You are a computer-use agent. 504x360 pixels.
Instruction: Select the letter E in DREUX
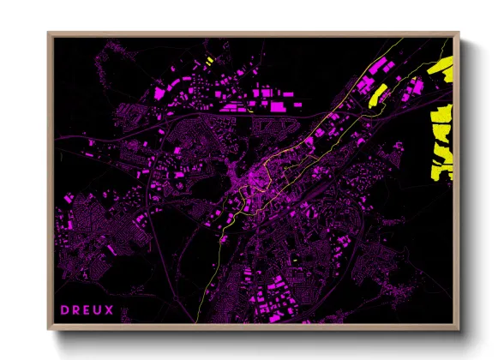click(87, 309)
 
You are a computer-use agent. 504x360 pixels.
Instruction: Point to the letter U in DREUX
click(99, 309)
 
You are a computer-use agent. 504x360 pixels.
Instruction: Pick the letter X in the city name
click(111, 309)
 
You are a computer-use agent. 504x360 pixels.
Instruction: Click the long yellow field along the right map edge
click(441, 141)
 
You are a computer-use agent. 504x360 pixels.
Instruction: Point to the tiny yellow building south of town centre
click(294, 255)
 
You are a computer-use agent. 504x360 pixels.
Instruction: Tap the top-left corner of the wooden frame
click(49, 33)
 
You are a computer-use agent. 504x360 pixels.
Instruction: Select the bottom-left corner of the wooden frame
click(49, 328)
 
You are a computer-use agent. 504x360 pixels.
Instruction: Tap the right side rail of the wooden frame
click(458, 180)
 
